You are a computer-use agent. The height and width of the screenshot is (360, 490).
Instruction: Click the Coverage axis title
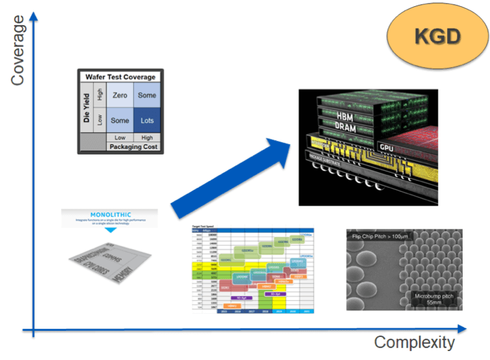pos(18,47)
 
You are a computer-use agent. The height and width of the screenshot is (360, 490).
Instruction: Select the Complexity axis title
pos(414,342)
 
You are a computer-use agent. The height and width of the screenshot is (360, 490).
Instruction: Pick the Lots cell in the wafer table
pos(146,120)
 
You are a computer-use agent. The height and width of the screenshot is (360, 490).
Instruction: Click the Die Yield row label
pos(87,108)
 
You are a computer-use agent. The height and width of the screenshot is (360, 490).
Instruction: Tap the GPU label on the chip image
pos(386,146)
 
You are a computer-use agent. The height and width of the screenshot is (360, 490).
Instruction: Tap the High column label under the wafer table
pos(146,137)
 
